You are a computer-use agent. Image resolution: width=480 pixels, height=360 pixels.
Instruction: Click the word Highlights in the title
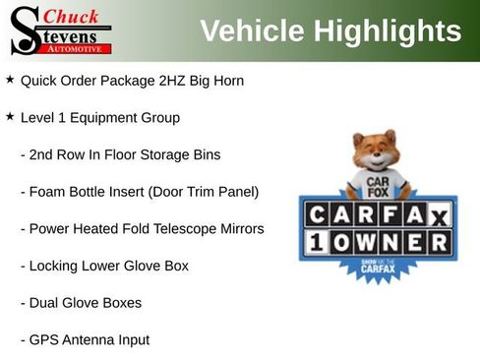point(388,30)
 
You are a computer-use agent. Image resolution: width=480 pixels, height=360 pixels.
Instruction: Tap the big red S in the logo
point(24,30)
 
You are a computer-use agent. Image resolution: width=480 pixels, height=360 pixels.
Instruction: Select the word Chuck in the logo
point(72,17)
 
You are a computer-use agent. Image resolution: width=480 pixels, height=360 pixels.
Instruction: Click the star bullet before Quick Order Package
point(10,79)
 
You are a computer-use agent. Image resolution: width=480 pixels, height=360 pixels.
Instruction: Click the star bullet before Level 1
point(10,116)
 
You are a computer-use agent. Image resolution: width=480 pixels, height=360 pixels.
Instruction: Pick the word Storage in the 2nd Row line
point(163,154)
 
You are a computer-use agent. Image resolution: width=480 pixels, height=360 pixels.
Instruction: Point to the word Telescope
point(181,228)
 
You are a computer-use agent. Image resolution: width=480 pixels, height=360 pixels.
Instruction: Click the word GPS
point(45,340)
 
